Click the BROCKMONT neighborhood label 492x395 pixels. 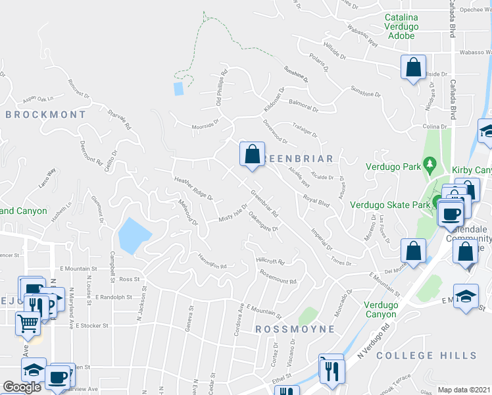(x=46, y=115)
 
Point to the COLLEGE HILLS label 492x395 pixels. (x=426, y=356)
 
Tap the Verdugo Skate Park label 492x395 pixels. (x=390, y=205)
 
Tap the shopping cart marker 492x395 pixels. (x=29, y=323)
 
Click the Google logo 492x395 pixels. (x=22, y=388)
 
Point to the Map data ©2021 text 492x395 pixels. (x=463, y=390)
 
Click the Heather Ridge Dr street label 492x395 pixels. (x=193, y=188)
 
